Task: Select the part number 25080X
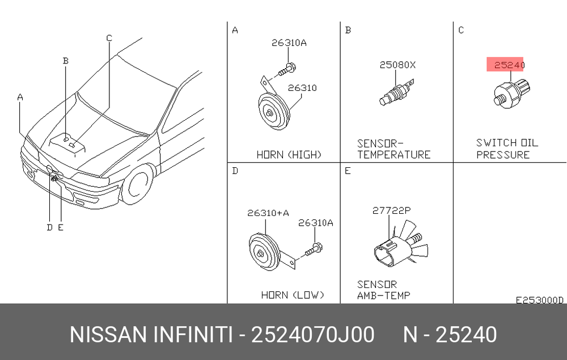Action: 397,65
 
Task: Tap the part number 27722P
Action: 392,210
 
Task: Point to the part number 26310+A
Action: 268,213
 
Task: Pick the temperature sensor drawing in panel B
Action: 396,93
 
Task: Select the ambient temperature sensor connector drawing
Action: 400,246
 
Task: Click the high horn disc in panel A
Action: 274,112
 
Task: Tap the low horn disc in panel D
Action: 264,251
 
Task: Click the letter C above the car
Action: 109,38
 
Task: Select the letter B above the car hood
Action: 65,60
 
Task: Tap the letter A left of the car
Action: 20,97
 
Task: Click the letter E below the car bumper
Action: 61,227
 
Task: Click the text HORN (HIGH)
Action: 289,155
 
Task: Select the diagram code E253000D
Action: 539,300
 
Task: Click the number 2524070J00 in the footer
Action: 313,334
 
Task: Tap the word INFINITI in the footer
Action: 193,334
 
